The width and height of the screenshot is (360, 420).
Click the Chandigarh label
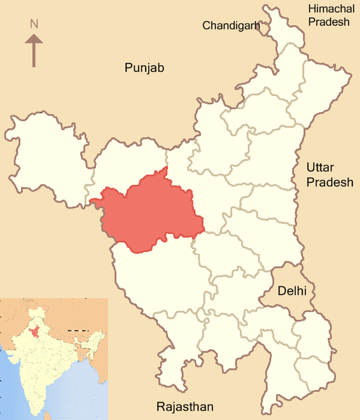[x=231, y=26]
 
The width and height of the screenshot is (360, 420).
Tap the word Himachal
[x=329, y=8]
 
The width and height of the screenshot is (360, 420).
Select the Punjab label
[x=144, y=67]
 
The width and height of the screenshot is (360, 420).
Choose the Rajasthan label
[x=185, y=407]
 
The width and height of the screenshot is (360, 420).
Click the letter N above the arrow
[x=34, y=24]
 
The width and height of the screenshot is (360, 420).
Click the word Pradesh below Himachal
[x=330, y=22]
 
